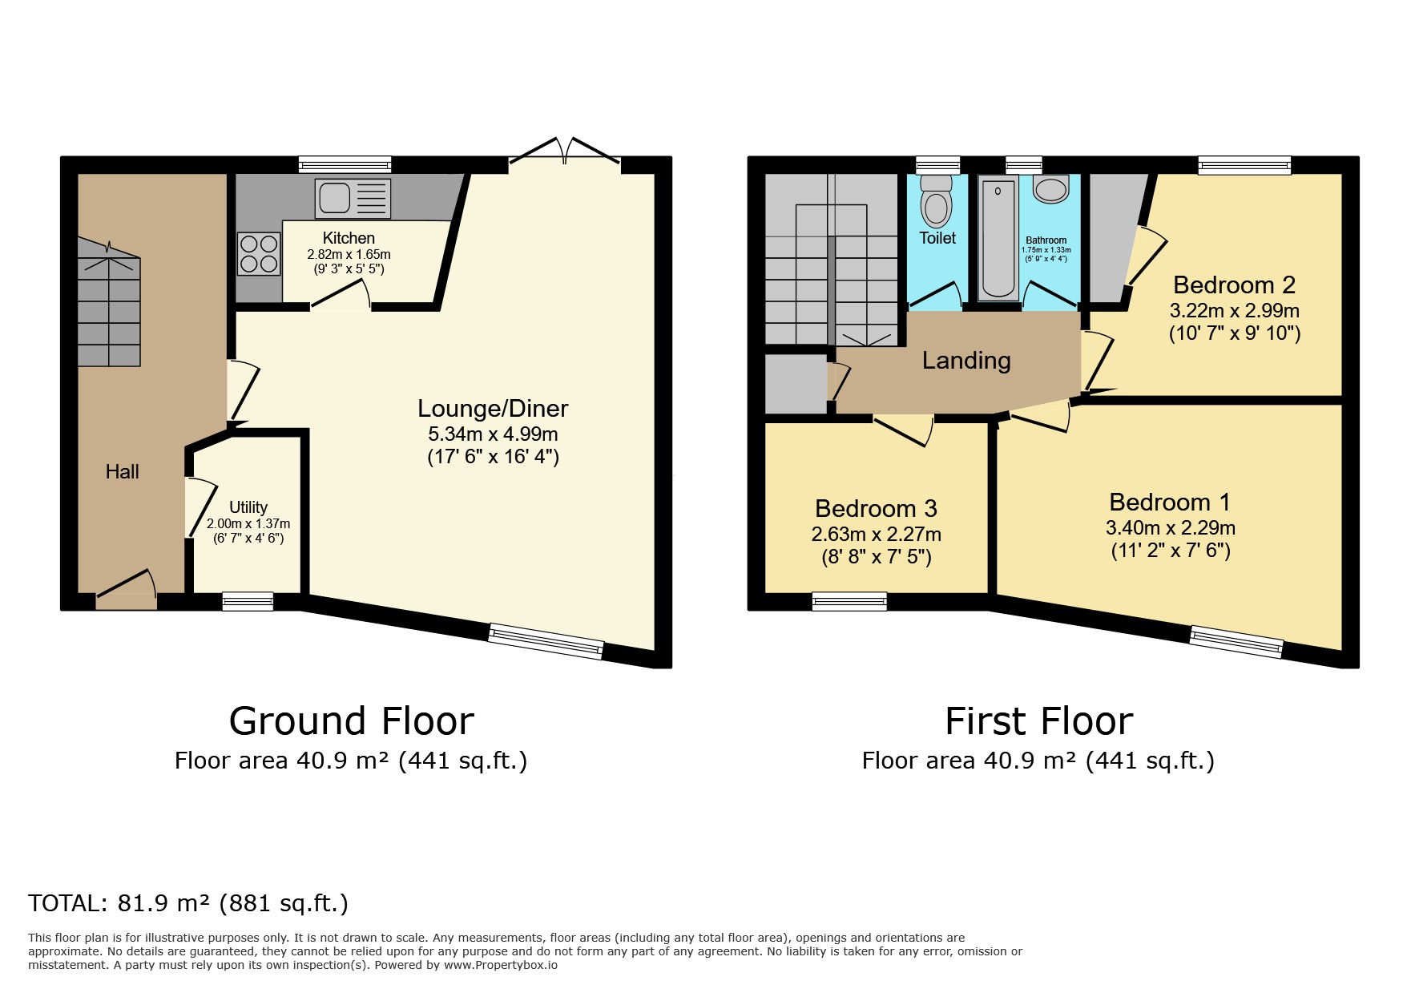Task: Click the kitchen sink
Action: (x=353, y=198)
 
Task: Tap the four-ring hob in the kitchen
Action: (x=259, y=253)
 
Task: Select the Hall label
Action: (x=123, y=472)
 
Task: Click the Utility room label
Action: (x=248, y=507)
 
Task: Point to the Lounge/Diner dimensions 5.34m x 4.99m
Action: (x=493, y=434)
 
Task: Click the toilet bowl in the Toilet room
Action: (x=935, y=207)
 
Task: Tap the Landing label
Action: (x=965, y=361)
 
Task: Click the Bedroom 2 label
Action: (x=1234, y=285)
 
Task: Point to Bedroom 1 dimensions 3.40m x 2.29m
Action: (x=1170, y=528)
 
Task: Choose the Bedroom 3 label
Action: (x=876, y=509)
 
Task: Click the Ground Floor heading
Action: (x=351, y=721)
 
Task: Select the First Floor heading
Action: (x=1038, y=721)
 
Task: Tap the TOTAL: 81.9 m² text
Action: (x=188, y=903)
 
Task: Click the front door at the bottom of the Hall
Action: (x=126, y=592)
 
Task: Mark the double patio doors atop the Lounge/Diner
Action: (x=565, y=156)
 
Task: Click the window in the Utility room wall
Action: (x=248, y=601)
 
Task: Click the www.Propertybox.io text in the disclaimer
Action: (x=500, y=965)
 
